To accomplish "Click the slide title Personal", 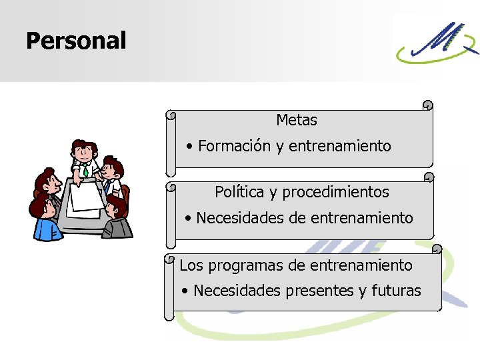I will point(75,41).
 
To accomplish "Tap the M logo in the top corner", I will point(437,44).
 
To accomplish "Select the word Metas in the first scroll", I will point(297,121).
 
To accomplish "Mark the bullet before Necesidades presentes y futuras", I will point(186,291).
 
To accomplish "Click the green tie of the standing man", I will point(86,171).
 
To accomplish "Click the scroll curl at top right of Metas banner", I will point(427,105).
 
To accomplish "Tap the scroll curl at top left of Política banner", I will point(170,187).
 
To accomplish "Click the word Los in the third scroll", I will point(191,265).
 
